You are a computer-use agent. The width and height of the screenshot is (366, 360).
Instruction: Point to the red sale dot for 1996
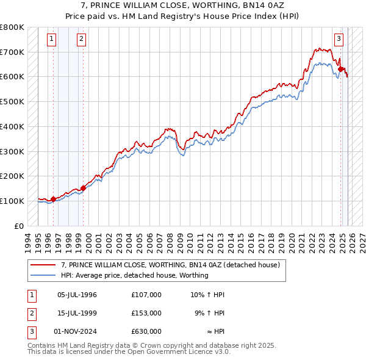click(x=53, y=198)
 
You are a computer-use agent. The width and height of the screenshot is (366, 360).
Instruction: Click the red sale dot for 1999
click(x=83, y=187)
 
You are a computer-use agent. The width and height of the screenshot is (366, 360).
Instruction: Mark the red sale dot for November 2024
click(x=341, y=69)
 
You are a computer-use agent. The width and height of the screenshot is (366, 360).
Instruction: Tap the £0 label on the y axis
click(x=19, y=226)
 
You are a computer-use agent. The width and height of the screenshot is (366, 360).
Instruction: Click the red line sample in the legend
click(x=43, y=265)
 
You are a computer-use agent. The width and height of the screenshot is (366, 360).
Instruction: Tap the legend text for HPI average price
click(x=135, y=275)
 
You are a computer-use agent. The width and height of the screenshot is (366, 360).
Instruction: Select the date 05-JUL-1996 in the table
click(x=77, y=295)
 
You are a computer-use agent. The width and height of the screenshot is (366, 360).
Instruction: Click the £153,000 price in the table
click(x=146, y=313)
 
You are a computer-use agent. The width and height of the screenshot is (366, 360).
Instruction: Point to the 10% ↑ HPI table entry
click(x=207, y=295)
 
